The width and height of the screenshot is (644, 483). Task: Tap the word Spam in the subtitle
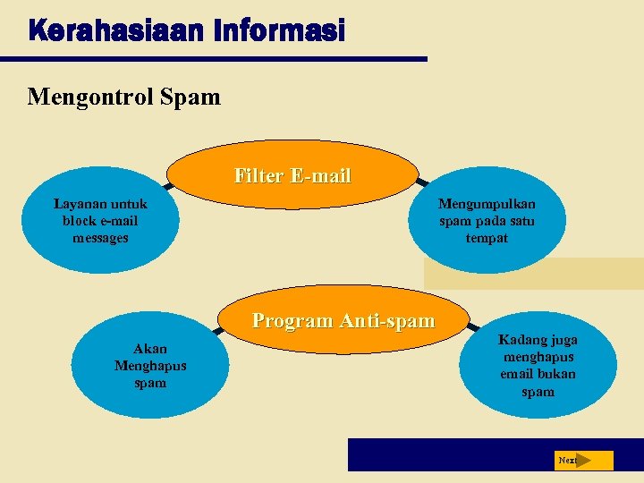190,96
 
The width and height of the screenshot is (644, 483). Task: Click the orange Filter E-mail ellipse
292,176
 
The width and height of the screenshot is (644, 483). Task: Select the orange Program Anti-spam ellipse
343,320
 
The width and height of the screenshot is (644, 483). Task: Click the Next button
581,460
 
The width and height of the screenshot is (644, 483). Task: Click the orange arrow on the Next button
584,460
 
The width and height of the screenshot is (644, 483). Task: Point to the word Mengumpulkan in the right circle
487,204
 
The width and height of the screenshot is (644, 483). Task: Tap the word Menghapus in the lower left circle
150,366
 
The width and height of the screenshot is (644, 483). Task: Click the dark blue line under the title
214,59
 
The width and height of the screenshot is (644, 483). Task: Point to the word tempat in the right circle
487,238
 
